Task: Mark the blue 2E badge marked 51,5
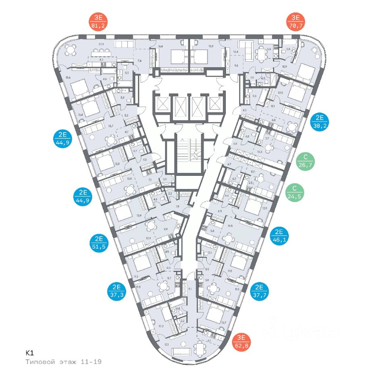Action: click(98, 243)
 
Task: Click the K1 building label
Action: click(29, 353)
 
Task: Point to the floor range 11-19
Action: click(91, 362)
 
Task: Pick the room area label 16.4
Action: click(160, 46)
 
